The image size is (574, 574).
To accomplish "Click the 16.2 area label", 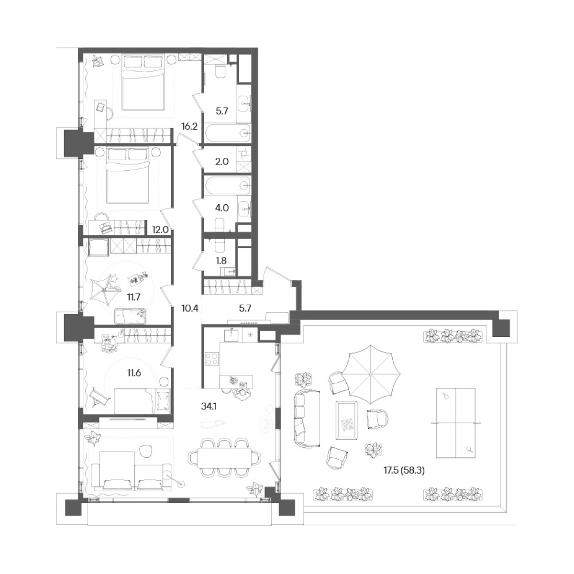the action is click(189, 127).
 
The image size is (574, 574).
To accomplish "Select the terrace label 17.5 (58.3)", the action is click(404, 479).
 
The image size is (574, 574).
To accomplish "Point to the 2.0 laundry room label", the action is click(221, 162).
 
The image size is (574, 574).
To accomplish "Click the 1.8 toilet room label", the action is click(221, 261).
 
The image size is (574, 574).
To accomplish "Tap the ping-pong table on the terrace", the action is click(456, 423).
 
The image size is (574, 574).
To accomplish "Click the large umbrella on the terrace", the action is click(370, 374).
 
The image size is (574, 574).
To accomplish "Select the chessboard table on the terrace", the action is click(346, 420).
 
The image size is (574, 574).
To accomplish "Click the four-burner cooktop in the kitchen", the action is click(212, 358).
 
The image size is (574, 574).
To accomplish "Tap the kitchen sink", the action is click(232, 334).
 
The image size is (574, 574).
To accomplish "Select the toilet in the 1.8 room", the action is click(219, 245).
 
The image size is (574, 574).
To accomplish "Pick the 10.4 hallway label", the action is click(190, 308).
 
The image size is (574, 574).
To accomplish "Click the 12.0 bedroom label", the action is click(160, 230).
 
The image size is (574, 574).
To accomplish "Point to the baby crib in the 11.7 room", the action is click(130, 316).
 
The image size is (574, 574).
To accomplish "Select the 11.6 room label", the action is click(134, 373).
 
